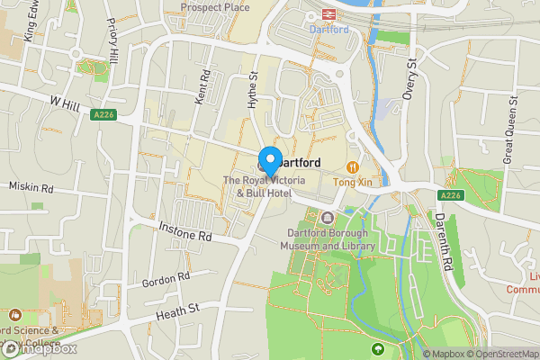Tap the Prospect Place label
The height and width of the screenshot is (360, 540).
point(214,7)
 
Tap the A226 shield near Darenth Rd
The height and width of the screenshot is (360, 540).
point(451,195)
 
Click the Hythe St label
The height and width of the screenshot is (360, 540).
point(253,90)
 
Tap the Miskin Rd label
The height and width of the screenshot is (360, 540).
point(31,188)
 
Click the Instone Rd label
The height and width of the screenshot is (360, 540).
point(184,230)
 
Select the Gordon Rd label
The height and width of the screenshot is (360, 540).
point(166,280)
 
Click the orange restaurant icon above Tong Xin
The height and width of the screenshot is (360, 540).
point(353,166)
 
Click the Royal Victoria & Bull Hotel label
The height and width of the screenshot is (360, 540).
point(264,187)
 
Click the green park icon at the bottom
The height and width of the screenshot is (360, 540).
point(378,348)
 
